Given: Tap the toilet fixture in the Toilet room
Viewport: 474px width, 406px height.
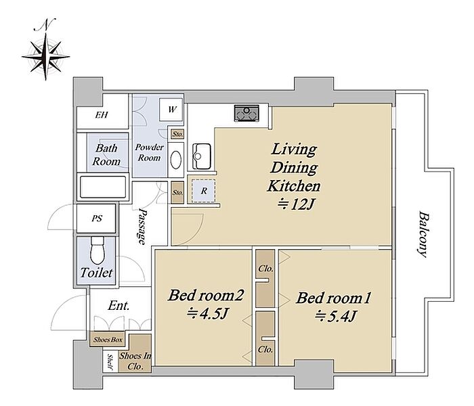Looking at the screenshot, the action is coord(95,250).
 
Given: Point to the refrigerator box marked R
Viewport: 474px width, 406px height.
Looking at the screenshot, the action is coord(202,191).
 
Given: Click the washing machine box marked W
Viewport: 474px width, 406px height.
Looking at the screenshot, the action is coord(172,109).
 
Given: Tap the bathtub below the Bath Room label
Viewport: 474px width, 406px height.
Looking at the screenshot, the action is coord(103,187).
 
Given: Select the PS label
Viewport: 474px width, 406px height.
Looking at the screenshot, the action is coord(97,219).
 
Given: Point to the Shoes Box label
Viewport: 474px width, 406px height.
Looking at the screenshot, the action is coord(108,340).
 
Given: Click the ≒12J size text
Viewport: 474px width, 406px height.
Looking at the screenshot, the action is coord(294,202).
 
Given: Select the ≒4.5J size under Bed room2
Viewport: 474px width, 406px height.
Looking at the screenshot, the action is coord(201,313).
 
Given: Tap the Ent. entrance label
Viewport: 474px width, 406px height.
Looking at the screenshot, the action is coord(119,306).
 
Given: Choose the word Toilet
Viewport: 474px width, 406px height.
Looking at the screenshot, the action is coord(96,274).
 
